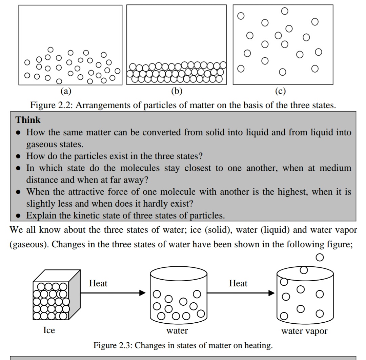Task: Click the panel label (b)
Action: [x=177, y=91]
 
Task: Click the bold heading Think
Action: [x=28, y=120]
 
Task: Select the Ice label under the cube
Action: [x=49, y=330]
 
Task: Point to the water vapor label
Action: [x=304, y=331]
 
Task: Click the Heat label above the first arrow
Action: [x=98, y=283]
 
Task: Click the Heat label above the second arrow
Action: [x=238, y=283]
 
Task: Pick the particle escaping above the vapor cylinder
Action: [x=319, y=258]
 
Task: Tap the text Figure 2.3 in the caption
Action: [x=114, y=346]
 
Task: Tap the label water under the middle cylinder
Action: [x=177, y=330]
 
